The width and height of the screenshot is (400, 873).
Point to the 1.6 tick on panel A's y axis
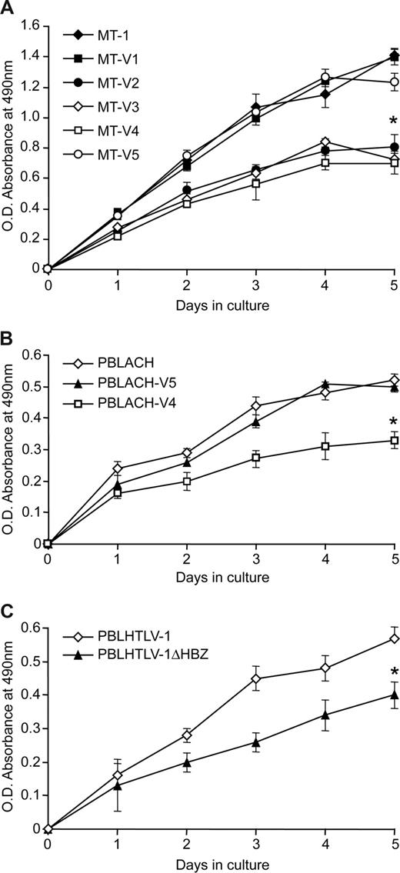coord(33,25)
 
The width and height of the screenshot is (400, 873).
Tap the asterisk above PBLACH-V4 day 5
coord(393,422)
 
